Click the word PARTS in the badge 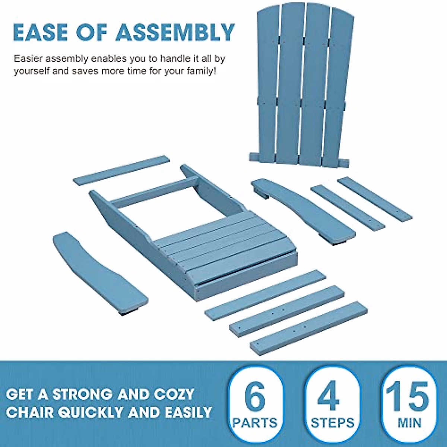click(256, 423)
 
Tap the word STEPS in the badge click(332, 423)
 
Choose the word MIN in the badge click(409, 423)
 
